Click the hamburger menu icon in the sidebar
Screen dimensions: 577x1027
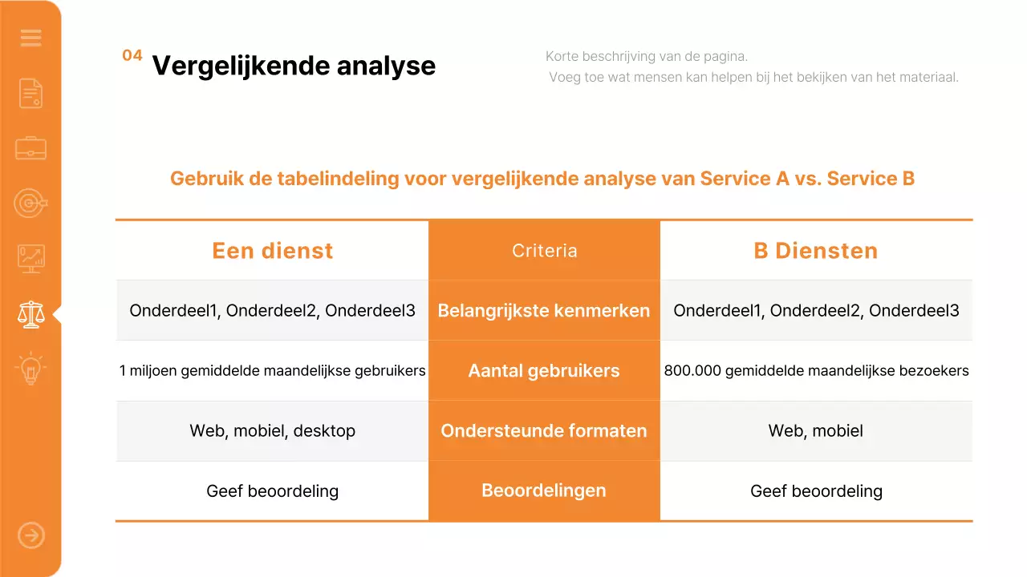coord(30,38)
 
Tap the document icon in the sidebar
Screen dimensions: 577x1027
coord(30,93)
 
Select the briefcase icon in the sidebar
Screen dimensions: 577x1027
coord(30,148)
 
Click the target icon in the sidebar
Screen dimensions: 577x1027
coord(30,204)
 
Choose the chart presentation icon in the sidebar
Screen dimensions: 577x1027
coord(30,259)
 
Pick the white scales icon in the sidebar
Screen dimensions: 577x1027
coord(30,314)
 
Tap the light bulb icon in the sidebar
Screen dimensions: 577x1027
coord(30,369)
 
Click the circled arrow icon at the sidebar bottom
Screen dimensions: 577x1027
coord(30,535)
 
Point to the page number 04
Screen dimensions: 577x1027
coord(132,55)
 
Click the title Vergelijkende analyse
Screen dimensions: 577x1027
coord(294,66)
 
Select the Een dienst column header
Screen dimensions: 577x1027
coord(272,251)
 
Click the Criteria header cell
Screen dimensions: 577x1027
coord(544,251)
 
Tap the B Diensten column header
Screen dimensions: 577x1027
coord(816,251)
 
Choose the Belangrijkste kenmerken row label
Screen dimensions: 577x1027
coord(544,311)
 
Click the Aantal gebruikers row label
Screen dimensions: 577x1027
coord(544,371)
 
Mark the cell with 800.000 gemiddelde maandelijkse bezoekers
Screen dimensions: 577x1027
coord(816,371)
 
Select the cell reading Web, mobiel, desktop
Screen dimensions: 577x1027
coord(272,431)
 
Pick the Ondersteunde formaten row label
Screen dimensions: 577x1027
coord(544,431)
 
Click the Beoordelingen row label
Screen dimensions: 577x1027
coord(544,490)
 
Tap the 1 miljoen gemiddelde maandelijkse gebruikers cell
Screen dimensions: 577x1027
coord(272,371)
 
